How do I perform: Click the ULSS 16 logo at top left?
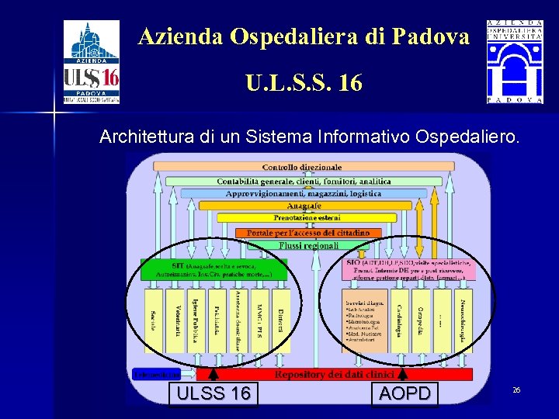coord(91,62)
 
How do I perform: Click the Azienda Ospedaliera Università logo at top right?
coord(515,62)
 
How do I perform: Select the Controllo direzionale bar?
coord(302,167)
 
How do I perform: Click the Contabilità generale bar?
coord(303,181)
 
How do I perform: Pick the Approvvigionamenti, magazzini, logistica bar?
coord(303,193)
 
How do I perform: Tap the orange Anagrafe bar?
coord(304,206)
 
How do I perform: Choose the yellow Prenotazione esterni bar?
coord(303,219)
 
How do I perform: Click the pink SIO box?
coord(407,268)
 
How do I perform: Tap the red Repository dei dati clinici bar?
coord(334,374)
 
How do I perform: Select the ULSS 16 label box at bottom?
coord(214,393)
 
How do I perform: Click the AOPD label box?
coord(404,393)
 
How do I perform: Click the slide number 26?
coord(516,390)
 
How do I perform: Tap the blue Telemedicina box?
coord(156,374)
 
